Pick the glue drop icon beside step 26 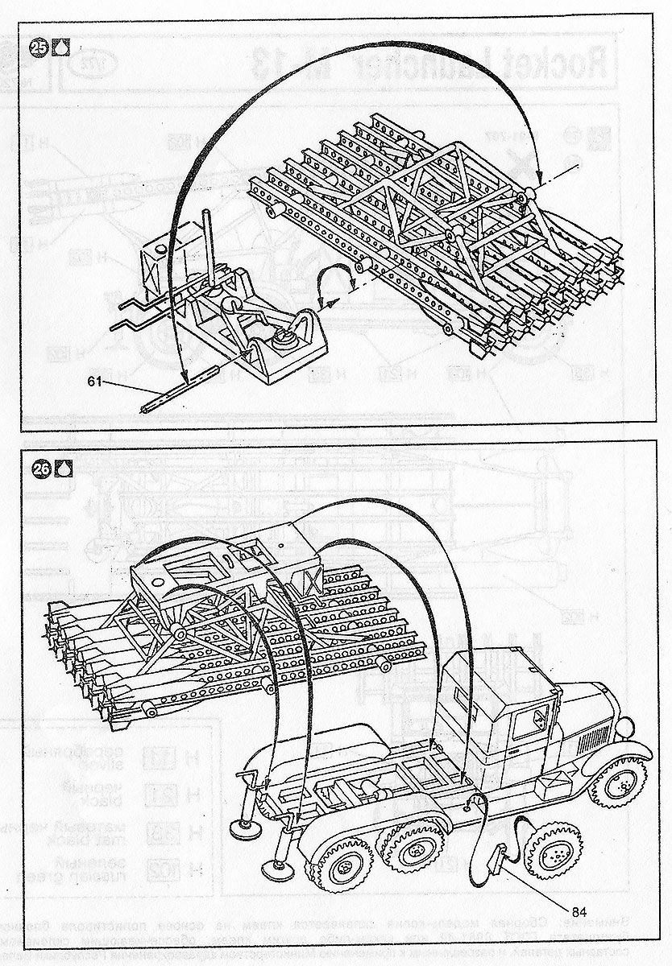coord(63,467)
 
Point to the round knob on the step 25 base coord(283,338)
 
